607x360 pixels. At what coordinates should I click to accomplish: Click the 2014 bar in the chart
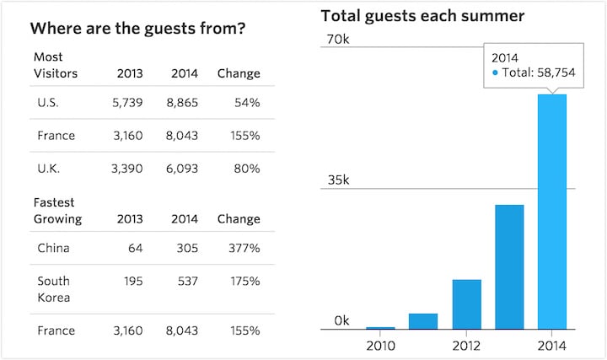[552, 211]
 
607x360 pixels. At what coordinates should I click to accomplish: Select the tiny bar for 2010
[380, 327]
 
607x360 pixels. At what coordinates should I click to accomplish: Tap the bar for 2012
[466, 304]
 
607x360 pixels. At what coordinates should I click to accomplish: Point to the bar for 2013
[509, 266]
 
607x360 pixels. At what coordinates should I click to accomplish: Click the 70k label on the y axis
[337, 40]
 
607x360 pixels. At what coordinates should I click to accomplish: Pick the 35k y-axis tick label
[337, 180]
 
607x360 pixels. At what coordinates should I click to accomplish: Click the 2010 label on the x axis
[380, 346]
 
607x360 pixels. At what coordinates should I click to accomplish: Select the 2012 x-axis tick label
[466, 346]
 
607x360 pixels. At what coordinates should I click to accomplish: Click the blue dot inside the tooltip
[495, 73]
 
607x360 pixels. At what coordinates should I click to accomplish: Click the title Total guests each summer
[422, 15]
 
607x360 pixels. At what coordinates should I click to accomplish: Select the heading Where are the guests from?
[137, 29]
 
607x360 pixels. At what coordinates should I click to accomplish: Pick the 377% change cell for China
[242, 249]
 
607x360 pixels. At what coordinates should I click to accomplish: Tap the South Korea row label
[54, 289]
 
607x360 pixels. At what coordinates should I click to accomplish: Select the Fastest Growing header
[57, 211]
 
